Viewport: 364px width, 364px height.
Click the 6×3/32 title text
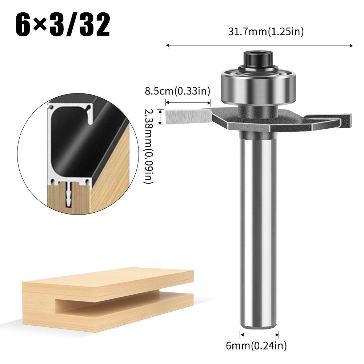click(x=63, y=25)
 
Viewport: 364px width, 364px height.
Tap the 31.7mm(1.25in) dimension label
click(x=265, y=32)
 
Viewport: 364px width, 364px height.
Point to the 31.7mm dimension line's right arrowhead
click(x=351, y=45)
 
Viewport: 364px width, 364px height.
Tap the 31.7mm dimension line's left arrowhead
click(x=167, y=45)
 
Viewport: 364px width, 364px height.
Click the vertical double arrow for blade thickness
click(x=160, y=117)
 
